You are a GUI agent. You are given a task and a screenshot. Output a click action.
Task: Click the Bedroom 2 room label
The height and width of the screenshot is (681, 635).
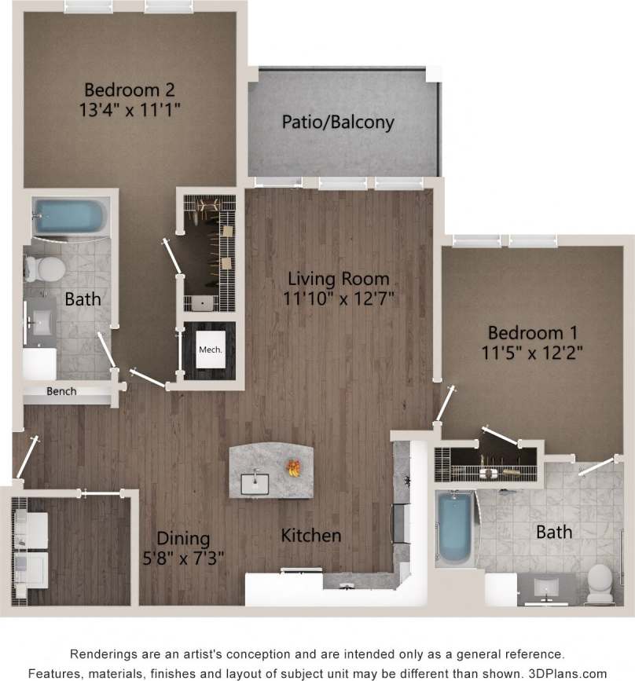(x=129, y=89)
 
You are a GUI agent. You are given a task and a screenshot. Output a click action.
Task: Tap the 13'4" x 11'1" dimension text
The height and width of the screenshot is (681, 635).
(x=129, y=109)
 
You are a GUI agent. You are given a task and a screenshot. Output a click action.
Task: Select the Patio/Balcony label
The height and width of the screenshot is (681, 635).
(x=338, y=123)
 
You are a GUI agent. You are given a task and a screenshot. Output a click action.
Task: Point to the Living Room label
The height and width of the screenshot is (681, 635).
(x=338, y=278)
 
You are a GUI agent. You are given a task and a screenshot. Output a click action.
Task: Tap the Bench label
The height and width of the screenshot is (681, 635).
(x=61, y=390)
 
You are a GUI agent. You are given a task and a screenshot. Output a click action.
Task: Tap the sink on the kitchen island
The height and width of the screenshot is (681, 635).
(x=255, y=481)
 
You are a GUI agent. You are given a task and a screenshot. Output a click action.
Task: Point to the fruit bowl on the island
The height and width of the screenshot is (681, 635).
(x=293, y=468)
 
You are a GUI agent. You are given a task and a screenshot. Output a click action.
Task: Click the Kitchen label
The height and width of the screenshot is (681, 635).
(x=311, y=536)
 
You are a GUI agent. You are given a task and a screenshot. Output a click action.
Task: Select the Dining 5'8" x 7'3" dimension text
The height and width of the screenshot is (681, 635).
(x=184, y=559)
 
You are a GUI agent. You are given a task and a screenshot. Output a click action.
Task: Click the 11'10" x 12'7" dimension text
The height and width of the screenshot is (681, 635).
(x=338, y=298)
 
